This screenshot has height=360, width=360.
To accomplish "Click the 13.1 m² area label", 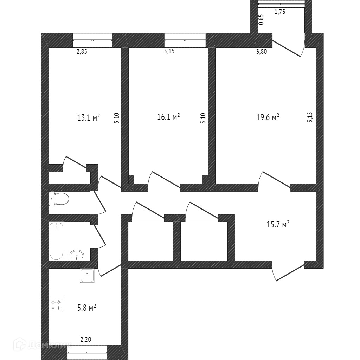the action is [88, 117].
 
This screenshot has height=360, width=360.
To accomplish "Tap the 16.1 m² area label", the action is [168, 117].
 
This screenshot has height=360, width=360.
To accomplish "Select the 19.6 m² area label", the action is [268, 117].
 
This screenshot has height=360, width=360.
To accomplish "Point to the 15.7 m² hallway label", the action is [278, 224].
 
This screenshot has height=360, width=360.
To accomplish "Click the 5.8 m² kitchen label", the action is [86, 308].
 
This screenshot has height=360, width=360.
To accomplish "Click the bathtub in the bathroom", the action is [56, 241].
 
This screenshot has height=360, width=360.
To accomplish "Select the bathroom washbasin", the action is [77, 255].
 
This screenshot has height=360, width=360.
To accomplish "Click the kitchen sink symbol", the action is [87, 275].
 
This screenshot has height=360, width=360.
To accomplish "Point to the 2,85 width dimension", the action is [82, 51].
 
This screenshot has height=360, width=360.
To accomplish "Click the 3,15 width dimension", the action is [169, 51].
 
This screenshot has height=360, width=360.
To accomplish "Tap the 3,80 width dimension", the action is [261, 51].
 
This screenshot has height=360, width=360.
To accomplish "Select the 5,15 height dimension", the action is [310, 117].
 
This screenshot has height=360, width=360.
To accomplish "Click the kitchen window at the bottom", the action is [86, 353].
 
